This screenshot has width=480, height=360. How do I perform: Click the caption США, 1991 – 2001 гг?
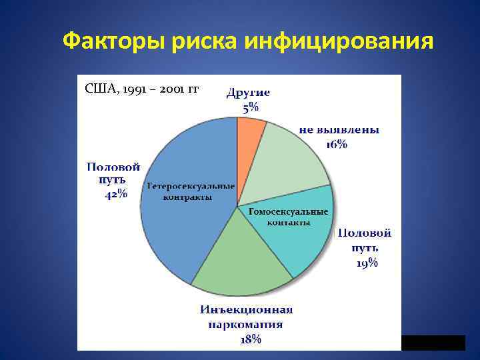[x=141, y=89]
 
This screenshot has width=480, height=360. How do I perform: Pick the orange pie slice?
[x=250, y=127]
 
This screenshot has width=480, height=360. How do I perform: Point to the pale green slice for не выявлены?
[x=290, y=163]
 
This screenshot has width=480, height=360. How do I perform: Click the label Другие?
[x=248, y=93]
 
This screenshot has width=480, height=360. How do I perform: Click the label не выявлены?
[x=339, y=130]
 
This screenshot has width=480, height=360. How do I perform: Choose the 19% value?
[x=365, y=263]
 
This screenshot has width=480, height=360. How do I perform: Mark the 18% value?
[x=250, y=339]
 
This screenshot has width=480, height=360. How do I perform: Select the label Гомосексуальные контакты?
[x=288, y=217]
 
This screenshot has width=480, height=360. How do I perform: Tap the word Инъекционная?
[x=247, y=310]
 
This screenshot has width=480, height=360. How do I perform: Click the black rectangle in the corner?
[x=433, y=343]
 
